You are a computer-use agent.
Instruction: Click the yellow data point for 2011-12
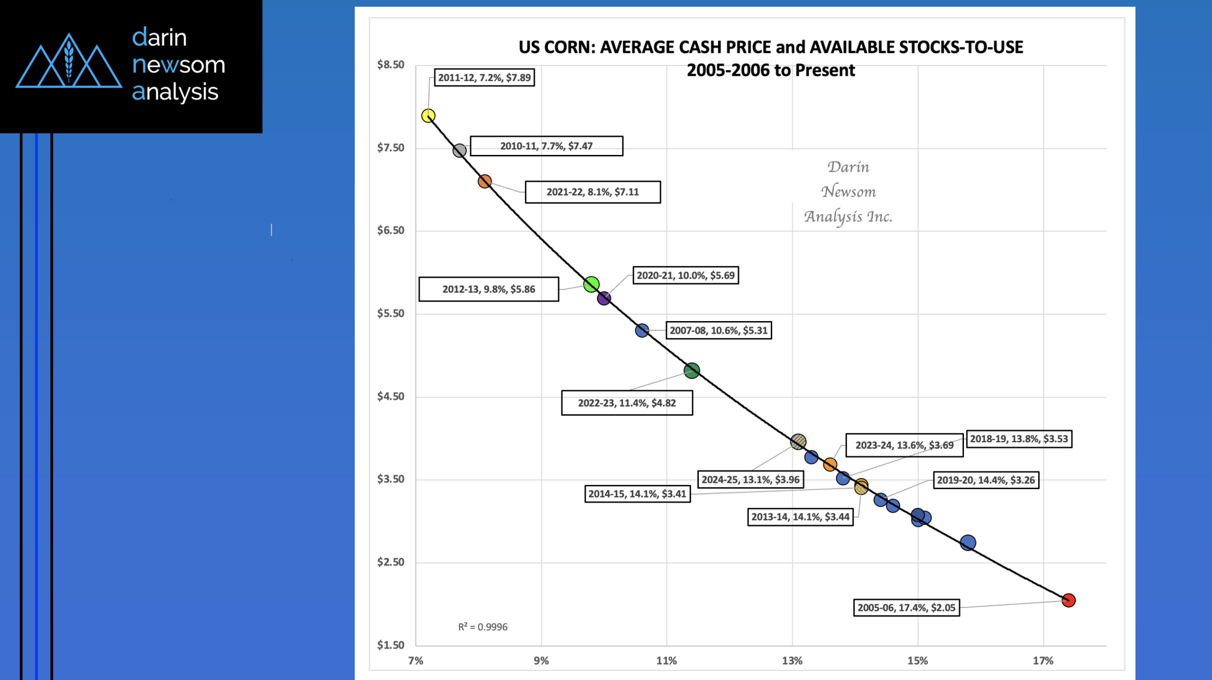click(x=428, y=116)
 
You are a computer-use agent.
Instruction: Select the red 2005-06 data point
click(x=1068, y=600)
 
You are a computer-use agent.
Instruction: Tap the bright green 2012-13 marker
click(x=591, y=284)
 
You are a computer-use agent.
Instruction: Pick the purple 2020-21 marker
click(x=604, y=298)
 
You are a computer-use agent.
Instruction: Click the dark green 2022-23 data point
click(x=692, y=370)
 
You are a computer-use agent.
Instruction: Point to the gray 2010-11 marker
click(x=459, y=151)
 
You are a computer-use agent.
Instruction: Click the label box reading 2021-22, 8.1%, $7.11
click(x=593, y=192)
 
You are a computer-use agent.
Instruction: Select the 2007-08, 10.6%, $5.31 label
click(x=718, y=331)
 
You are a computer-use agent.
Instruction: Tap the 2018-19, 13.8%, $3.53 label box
click(x=1019, y=439)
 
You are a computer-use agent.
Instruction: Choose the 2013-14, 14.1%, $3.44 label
click(x=800, y=517)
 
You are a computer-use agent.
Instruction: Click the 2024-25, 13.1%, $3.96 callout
click(x=750, y=480)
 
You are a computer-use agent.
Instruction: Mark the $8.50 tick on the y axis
click(x=391, y=65)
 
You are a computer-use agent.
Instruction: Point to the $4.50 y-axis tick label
click(x=391, y=396)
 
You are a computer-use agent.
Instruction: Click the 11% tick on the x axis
click(x=666, y=661)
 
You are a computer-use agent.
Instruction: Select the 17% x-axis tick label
click(x=1043, y=661)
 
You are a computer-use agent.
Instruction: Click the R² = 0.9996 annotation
click(x=482, y=627)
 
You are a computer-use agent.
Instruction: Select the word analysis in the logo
click(x=175, y=92)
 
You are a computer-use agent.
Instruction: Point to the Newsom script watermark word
click(x=848, y=192)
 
